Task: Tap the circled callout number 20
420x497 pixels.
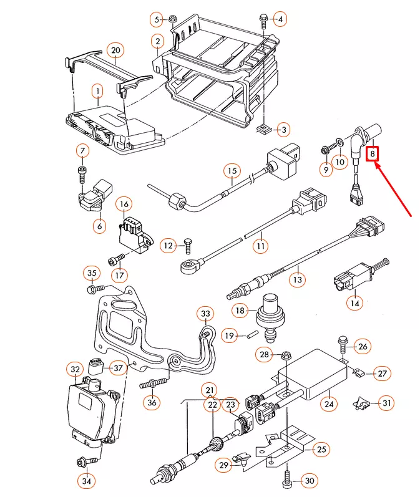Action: pyautogui.click(x=114, y=50)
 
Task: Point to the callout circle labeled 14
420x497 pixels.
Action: pyautogui.click(x=355, y=302)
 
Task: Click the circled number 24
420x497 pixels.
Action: pyautogui.click(x=329, y=403)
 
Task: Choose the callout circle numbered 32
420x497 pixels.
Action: pyautogui.click(x=76, y=370)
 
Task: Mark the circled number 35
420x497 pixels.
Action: pyautogui.click(x=92, y=273)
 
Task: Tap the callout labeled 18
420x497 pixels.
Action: pyautogui.click(x=240, y=310)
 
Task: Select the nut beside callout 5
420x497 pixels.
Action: pyautogui.click(x=173, y=19)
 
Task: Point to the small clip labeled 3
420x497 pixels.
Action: pyautogui.click(x=265, y=130)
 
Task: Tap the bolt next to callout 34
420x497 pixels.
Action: pyautogui.click(x=81, y=462)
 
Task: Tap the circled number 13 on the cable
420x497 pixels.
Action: pyautogui.click(x=298, y=280)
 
